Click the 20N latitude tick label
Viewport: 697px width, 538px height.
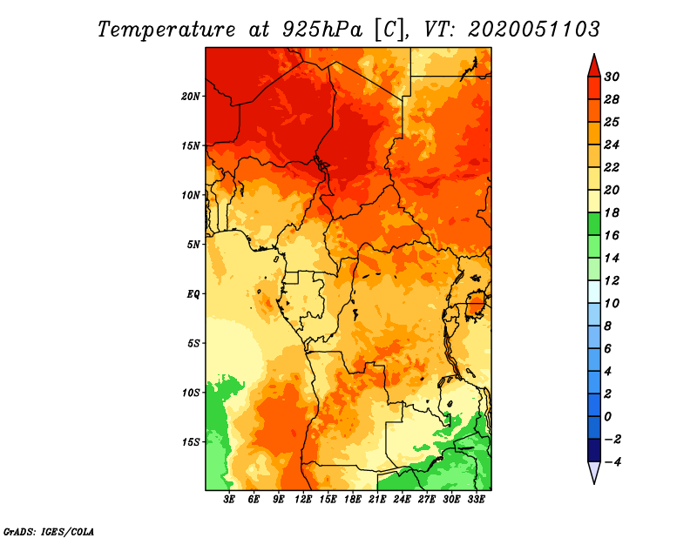(x=191, y=96)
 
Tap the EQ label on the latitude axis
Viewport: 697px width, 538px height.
(x=194, y=293)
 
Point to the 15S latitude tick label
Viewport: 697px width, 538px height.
(x=191, y=441)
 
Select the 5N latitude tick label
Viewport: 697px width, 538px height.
(x=193, y=244)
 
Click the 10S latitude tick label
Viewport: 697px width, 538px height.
(x=191, y=393)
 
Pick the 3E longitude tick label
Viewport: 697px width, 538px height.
(x=230, y=500)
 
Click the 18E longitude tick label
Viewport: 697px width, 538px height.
(x=352, y=500)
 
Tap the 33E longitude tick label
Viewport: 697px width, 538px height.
(x=476, y=500)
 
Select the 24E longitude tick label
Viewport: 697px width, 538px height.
(x=402, y=500)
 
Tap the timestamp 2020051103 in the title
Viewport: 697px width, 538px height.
(x=534, y=30)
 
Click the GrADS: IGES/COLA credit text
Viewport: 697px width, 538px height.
(x=49, y=530)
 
